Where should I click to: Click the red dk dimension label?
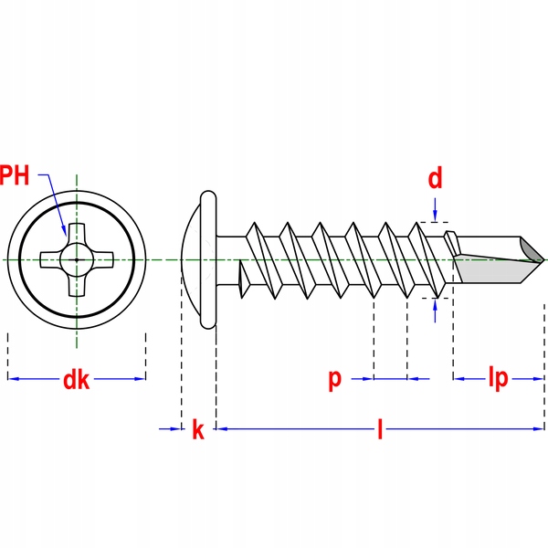click(76, 380)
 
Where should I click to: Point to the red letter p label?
click(335, 378)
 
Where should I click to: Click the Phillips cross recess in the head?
click(77, 259)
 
